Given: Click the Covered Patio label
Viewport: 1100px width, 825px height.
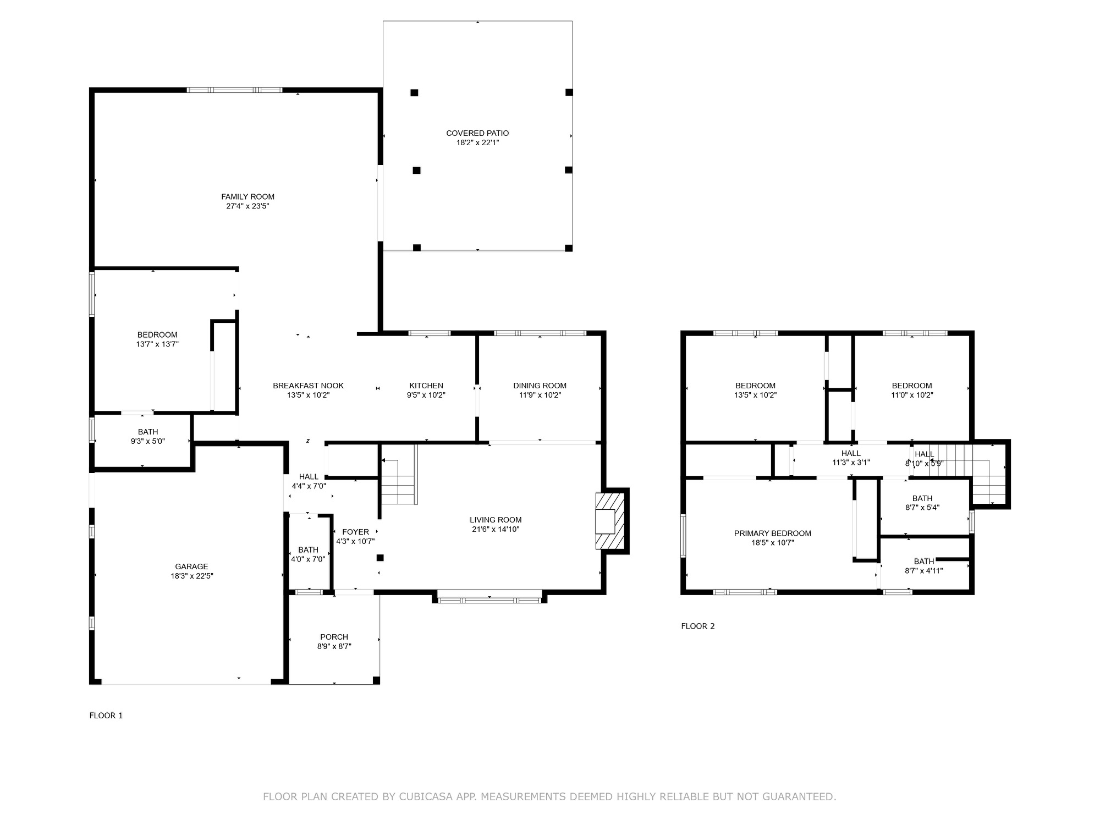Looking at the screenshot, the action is pos(477,133).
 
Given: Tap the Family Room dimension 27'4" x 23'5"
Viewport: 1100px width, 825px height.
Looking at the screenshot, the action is pos(248,206).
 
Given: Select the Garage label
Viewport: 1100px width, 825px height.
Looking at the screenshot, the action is pos(191,566).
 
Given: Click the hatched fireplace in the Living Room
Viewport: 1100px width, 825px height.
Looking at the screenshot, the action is pos(610,521).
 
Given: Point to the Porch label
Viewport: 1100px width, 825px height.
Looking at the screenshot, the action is pos(334,637).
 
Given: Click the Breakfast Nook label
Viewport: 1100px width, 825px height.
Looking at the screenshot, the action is pos(308,386).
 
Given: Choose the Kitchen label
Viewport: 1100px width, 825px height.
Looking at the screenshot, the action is pos(426,386).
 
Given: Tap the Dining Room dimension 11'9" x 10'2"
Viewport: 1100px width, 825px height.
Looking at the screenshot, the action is pos(540,395).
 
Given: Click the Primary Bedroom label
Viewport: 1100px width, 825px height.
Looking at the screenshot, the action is pos(773,533).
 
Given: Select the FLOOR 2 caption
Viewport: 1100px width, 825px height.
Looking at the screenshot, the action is pos(698,626).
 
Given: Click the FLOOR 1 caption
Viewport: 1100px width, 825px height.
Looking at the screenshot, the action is pos(106,716).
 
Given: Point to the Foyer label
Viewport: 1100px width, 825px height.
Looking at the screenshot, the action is pos(355,532).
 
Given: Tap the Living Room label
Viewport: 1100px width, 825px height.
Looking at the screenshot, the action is pos(496,520).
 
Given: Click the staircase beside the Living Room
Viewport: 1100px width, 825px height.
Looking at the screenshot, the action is pos(399,475).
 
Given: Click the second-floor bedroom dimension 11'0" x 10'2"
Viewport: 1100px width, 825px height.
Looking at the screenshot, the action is pos(912,395).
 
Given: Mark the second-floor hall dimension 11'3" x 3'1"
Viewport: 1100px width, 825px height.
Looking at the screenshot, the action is pos(851,463).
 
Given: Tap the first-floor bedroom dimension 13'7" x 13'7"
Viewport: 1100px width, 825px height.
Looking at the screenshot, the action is pos(157,344).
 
